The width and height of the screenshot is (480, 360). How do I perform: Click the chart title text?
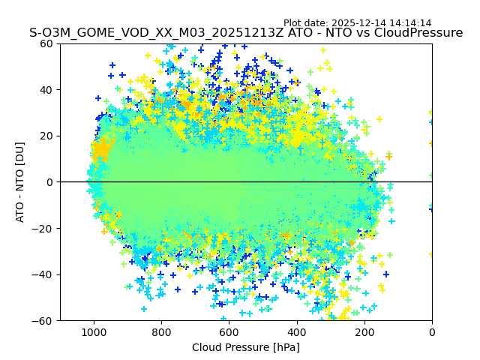(246, 33)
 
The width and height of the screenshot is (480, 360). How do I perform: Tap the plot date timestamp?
(357, 23)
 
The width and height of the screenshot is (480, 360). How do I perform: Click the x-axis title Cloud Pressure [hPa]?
(246, 347)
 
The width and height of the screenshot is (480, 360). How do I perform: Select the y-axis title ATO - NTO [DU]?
(20, 181)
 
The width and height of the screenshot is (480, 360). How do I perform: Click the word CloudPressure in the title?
(421, 33)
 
